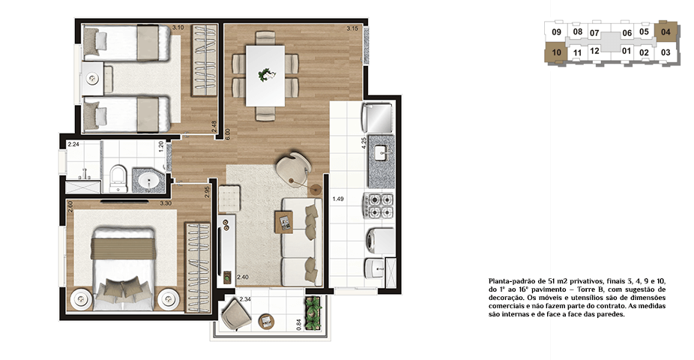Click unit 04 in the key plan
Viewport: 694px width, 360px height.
point(666,32)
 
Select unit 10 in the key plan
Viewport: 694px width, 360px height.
point(556,52)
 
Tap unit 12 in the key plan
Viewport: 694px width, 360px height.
point(594,51)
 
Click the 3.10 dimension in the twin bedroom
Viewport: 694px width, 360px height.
point(178,28)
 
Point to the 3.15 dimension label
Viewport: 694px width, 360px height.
point(352,28)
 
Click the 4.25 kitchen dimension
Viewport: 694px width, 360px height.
point(363,143)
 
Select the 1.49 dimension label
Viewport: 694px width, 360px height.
point(338,199)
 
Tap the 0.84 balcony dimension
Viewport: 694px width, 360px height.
point(299,325)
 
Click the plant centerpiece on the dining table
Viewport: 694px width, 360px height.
point(266,74)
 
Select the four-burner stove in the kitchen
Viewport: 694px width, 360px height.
point(378,206)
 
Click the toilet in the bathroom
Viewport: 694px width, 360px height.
point(118,179)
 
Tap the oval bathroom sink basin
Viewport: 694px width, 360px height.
point(148,181)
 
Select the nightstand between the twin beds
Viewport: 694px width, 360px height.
point(93,79)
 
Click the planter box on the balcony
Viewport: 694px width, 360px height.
point(313,313)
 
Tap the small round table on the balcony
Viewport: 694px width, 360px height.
point(267,321)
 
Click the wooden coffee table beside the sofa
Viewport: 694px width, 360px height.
point(284,222)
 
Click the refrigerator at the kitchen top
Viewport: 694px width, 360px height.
point(378,118)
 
